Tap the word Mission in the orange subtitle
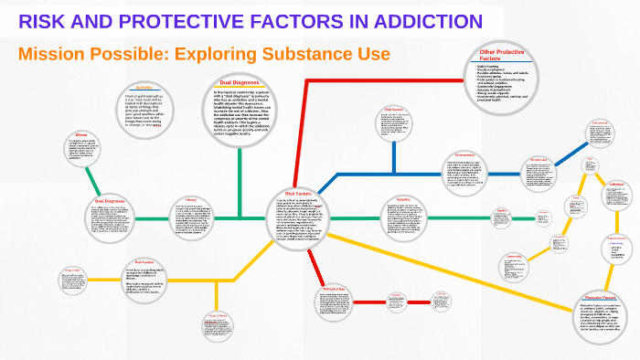point(52,54)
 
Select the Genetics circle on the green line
point(402,218)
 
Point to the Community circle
point(514,269)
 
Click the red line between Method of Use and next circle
point(364,302)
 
